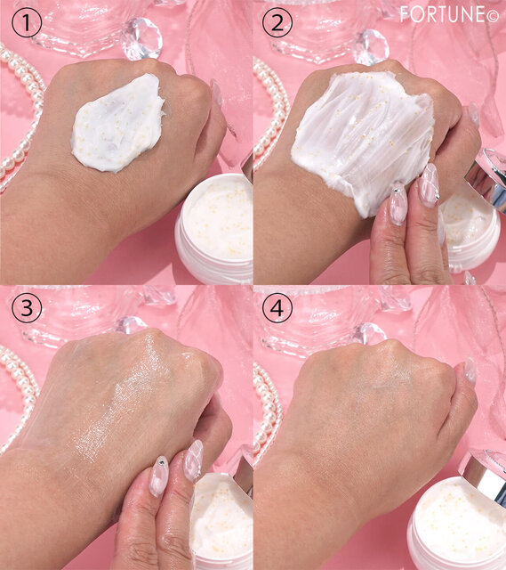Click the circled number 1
tap(27, 22)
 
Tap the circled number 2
tap(277, 22)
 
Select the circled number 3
tap(27, 308)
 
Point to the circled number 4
tap(277, 308)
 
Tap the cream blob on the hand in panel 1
tap(118, 123)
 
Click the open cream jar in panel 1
tap(214, 228)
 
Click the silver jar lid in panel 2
tap(486, 179)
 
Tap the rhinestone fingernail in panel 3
tap(159, 476)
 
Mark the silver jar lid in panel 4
tap(484, 476)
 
